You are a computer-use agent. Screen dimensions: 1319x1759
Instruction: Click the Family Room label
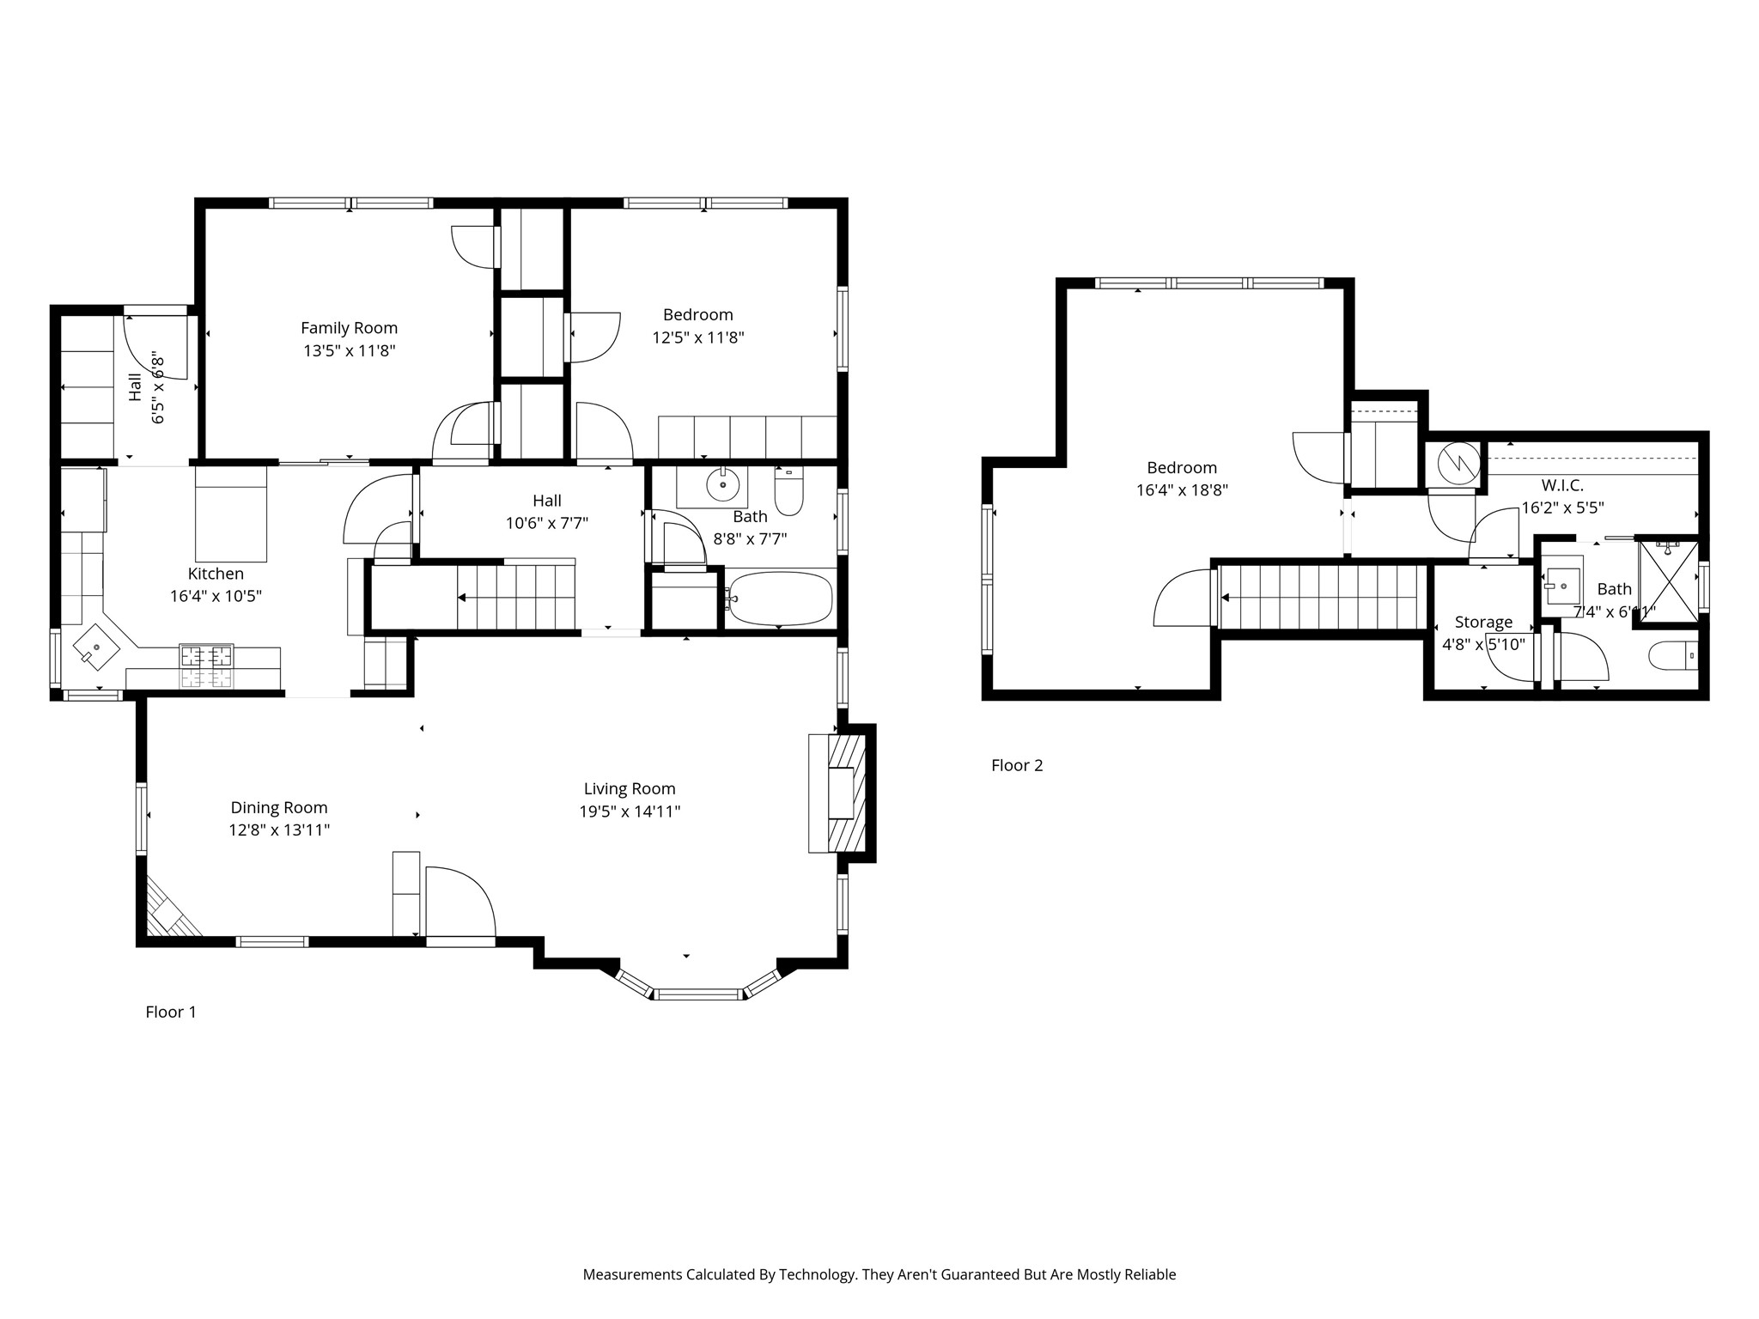[349, 328]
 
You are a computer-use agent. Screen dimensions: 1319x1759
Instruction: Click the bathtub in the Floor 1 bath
[780, 599]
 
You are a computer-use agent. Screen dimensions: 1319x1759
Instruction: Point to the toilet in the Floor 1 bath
[788, 492]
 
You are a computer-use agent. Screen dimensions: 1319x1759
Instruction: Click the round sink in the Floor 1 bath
[723, 485]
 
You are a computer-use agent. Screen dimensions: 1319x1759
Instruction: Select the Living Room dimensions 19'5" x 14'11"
[630, 811]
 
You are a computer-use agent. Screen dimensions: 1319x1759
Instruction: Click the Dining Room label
[278, 807]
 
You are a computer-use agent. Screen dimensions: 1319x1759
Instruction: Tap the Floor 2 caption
[1017, 765]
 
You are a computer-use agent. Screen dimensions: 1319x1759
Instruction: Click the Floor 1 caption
[171, 1012]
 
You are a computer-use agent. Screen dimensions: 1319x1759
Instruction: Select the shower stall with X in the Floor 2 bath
[1668, 581]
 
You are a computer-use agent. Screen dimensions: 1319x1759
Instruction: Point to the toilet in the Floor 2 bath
[1673, 657]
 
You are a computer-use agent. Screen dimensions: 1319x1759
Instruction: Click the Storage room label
[1483, 622]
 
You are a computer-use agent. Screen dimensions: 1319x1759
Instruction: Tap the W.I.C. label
[1562, 485]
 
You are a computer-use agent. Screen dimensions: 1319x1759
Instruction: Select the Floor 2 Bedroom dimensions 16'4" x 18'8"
[1182, 490]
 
